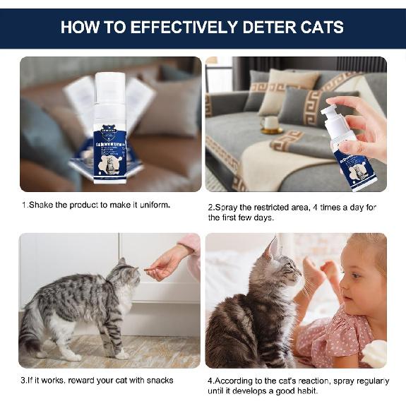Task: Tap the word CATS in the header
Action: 323,28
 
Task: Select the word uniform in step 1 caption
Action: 153,205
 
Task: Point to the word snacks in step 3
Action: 157,381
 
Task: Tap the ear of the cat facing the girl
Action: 273,248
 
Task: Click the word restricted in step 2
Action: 272,207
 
